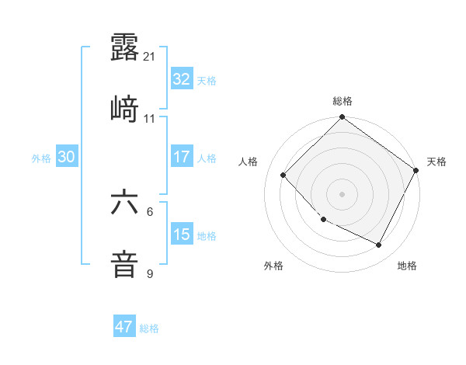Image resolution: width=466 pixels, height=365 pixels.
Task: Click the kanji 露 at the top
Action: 125,48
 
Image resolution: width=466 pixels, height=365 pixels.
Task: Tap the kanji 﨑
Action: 125,109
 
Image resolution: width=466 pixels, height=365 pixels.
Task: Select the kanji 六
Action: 125,203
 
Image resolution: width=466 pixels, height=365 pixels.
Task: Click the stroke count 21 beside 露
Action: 150,57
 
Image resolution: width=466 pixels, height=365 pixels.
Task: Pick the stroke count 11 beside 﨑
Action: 150,119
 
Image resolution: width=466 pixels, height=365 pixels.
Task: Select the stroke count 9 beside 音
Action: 150,273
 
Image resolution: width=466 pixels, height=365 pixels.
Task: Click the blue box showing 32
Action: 182,79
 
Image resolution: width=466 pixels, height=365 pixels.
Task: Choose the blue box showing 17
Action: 182,157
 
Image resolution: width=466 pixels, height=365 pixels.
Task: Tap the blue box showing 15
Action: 182,235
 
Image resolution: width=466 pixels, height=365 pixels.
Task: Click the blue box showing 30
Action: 67,157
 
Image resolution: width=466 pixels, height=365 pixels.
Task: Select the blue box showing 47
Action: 124,327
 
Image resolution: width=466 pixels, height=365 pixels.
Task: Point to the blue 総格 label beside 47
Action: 149,328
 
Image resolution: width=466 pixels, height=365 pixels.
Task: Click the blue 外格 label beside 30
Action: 41,158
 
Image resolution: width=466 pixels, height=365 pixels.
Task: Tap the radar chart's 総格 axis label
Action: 343,102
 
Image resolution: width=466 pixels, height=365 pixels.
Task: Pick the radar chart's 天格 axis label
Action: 436,162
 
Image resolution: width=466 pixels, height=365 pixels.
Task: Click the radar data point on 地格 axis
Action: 379,245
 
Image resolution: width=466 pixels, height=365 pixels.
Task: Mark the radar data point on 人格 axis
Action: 283,176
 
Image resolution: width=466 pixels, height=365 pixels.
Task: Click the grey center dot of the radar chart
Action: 343,194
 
